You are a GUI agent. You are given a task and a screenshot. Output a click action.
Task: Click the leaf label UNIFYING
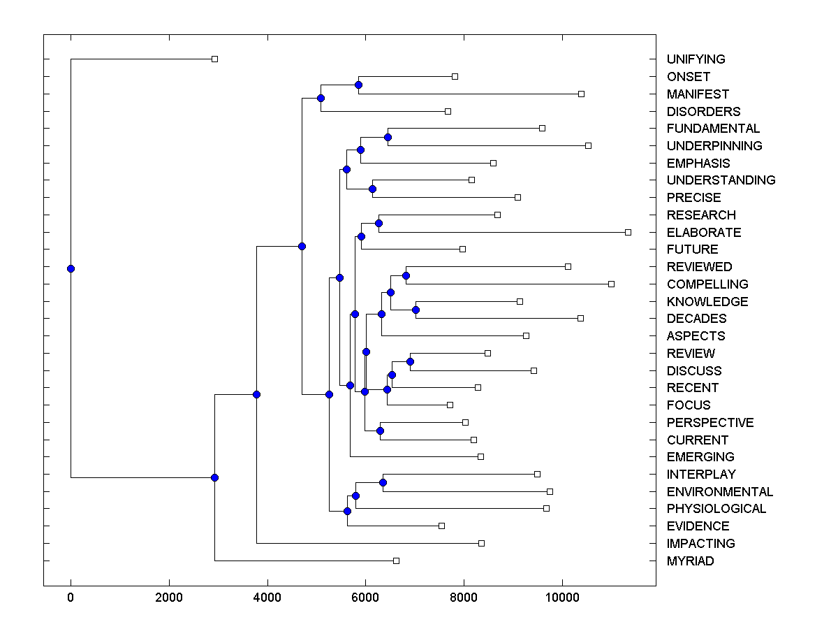pyautogui.click(x=696, y=59)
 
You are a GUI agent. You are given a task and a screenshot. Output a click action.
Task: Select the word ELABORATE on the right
pyautogui.click(x=704, y=232)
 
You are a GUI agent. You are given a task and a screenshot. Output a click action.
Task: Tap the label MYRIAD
pyautogui.click(x=690, y=561)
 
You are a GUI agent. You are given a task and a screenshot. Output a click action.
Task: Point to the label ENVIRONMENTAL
pyautogui.click(x=720, y=491)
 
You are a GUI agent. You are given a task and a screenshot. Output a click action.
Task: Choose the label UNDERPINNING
pyautogui.click(x=714, y=146)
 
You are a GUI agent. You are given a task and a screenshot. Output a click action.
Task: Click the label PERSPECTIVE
pyautogui.click(x=710, y=422)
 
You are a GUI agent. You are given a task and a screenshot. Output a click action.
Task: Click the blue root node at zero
pyautogui.click(x=71, y=268)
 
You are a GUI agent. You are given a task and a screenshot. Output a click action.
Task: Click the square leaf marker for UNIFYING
pyautogui.click(x=214, y=59)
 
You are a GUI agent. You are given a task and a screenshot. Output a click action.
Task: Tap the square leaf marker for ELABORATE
pyautogui.click(x=628, y=232)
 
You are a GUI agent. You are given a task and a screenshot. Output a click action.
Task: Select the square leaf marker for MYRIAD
pyautogui.click(x=396, y=561)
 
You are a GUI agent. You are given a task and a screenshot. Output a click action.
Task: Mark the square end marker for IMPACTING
pyautogui.click(x=481, y=543)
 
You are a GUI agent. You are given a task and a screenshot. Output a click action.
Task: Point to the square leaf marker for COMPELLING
pyautogui.click(x=611, y=284)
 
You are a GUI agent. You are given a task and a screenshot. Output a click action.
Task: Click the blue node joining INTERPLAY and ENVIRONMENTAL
pyautogui.click(x=383, y=483)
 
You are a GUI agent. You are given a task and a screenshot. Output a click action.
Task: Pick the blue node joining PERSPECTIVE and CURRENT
pyautogui.click(x=380, y=431)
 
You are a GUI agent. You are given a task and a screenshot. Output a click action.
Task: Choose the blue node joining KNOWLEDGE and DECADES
pyautogui.click(x=416, y=310)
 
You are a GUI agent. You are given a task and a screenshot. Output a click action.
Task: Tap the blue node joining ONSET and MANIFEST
pyautogui.click(x=358, y=85)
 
